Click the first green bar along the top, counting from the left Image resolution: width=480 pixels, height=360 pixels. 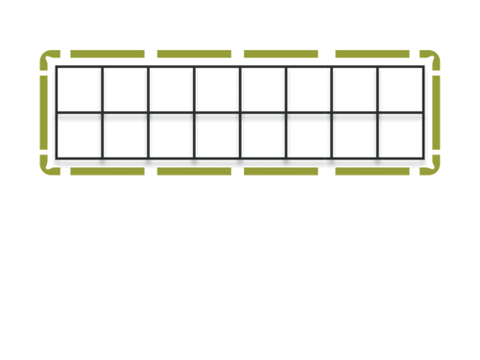point(107,54)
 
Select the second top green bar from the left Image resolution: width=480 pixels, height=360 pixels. point(194,54)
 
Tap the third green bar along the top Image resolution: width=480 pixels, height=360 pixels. point(280,54)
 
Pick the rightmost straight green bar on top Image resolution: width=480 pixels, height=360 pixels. point(372,54)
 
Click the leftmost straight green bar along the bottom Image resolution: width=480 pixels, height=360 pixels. point(107,172)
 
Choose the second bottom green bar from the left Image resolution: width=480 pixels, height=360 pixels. point(194,172)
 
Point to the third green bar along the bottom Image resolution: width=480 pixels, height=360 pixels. point(280,172)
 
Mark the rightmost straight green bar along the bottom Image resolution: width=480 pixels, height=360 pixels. point(372,172)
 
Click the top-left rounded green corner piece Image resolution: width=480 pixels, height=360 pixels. point(46,60)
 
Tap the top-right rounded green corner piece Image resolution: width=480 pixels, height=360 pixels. point(434,60)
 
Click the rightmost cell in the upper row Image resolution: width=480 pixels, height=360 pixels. point(401,90)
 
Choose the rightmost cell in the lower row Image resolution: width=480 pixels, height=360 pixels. point(401,136)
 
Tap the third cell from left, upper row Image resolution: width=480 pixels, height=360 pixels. point(171,90)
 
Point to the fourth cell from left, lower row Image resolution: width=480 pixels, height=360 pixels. point(217,136)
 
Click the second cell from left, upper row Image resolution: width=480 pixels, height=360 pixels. point(125,90)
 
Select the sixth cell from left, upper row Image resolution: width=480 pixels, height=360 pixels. point(309,90)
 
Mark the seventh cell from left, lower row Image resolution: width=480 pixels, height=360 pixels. point(355,136)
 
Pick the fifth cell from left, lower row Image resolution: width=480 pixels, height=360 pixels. point(263,136)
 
